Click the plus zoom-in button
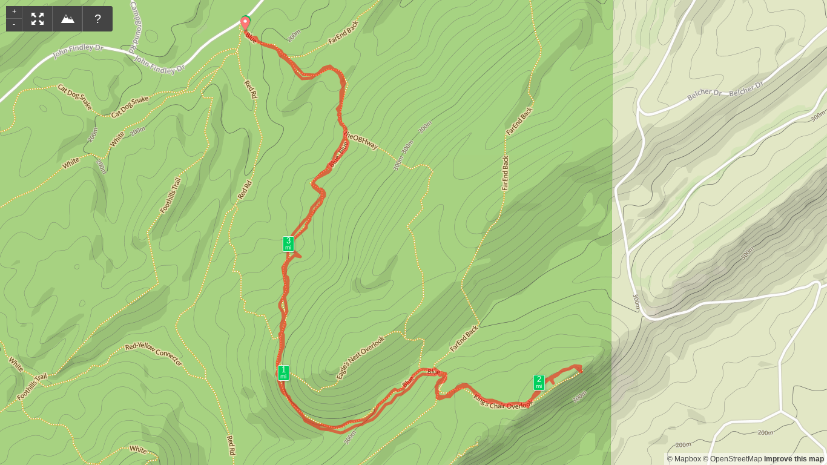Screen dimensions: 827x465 pyautogui.click(x=14, y=12)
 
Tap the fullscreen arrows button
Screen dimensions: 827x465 pyautogui.click(x=38, y=19)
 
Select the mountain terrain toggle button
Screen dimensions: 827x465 pyautogui.click(x=68, y=19)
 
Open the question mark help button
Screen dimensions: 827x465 pyautogui.click(x=97, y=19)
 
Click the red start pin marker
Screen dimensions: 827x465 pyautogui.click(x=245, y=23)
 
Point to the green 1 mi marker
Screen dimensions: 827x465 pyautogui.click(x=283, y=372)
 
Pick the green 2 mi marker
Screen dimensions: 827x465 pyautogui.click(x=539, y=382)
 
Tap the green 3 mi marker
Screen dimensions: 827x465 pyautogui.click(x=288, y=243)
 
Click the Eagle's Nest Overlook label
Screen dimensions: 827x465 pyautogui.click(x=361, y=357)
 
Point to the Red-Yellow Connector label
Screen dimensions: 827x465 pyautogui.click(x=154, y=354)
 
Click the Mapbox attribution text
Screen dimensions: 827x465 pyautogui.click(x=684, y=459)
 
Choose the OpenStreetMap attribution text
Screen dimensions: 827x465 pyautogui.click(x=732, y=459)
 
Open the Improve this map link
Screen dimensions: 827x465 pyautogui.click(x=794, y=459)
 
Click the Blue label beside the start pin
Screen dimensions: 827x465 pyautogui.click(x=252, y=38)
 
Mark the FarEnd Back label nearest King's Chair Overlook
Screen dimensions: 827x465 pyautogui.click(x=464, y=338)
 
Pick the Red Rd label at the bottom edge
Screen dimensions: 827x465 pyautogui.click(x=230, y=444)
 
